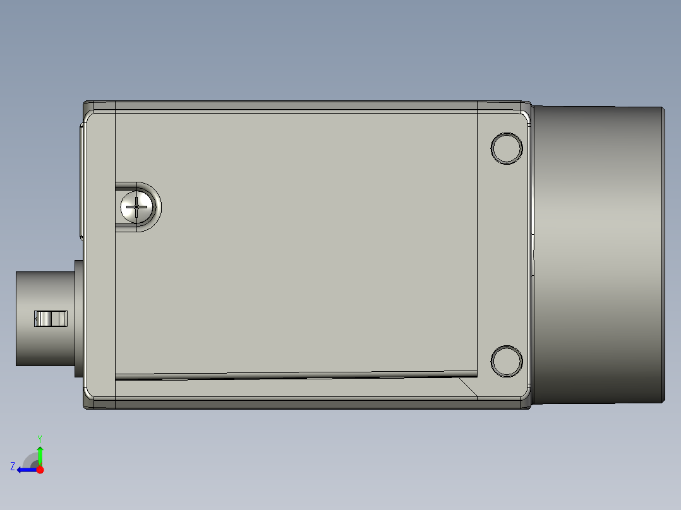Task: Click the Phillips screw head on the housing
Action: (136, 206)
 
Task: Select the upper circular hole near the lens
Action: (507, 148)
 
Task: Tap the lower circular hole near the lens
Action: (507, 361)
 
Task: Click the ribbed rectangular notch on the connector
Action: (51, 319)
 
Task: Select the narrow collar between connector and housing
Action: (78, 319)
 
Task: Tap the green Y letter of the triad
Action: (39, 437)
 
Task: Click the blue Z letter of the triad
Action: (13, 466)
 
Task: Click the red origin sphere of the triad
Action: (40, 470)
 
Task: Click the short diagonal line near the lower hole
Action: (467, 387)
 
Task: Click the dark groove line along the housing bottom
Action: (284, 377)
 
